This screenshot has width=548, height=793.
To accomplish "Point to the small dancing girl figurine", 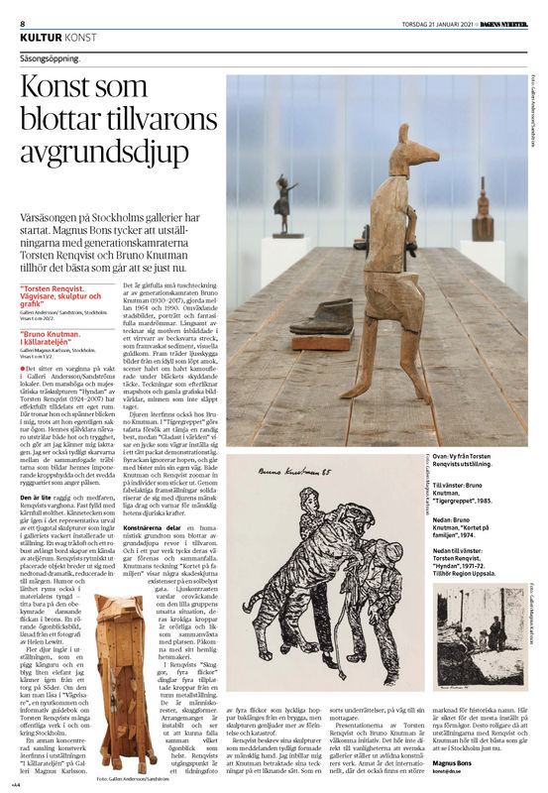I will [284, 202].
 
